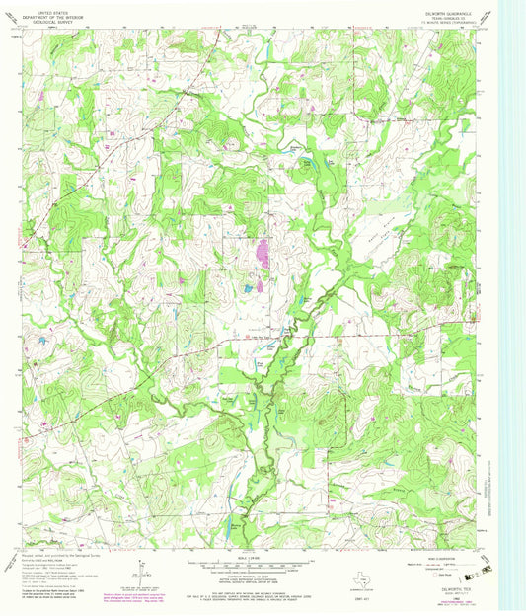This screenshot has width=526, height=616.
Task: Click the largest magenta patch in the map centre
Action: coord(263,254)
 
